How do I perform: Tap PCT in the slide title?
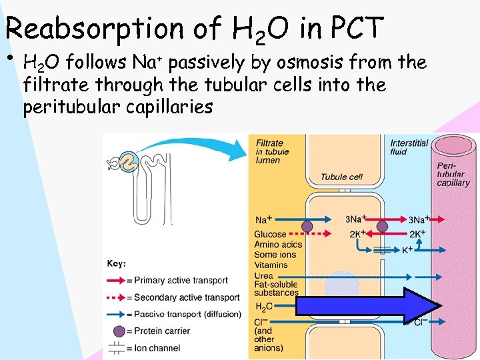click(357, 27)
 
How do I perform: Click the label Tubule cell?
click(341, 177)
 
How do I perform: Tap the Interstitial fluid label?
click(409, 147)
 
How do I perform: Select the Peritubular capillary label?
click(453, 174)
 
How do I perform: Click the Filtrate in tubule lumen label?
click(272, 151)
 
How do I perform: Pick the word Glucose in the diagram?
click(270, 235)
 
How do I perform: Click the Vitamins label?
click(271, 265)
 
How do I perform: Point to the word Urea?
click(263, 275)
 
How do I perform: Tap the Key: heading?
click(116, 263)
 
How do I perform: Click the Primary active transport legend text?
click(181, 280)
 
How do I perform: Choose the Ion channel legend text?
click(157, 347)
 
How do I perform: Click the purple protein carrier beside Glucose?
click(307, 227)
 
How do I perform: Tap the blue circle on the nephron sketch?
click(129, 159)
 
